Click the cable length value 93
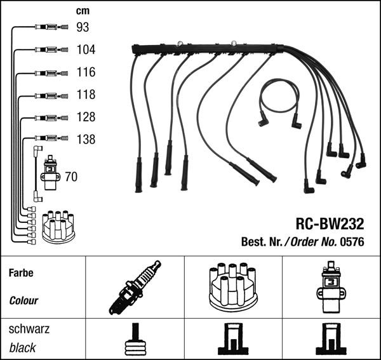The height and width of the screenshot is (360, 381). (x=83, y=27)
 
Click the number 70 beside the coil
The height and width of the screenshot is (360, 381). (x=71, y=177)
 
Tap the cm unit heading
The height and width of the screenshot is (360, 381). (x=82, y=11)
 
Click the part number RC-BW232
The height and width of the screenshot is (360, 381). (x=329, y=223)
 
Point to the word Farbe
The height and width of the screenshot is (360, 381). (x=21, y=274)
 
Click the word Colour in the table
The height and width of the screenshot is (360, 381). (x=23, y=300)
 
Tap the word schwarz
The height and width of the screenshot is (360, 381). (x=29, y=330)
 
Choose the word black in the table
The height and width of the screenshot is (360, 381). (x=22, y=348)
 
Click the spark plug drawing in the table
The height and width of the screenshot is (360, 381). (x=135, y=287)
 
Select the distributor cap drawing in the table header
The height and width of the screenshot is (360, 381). (x=233, y=288)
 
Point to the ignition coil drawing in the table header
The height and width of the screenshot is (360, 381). (x=331, y=287)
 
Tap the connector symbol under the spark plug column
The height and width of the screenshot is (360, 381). (x=135, y=341)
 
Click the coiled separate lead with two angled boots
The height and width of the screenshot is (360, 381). (x=279, y=102)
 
